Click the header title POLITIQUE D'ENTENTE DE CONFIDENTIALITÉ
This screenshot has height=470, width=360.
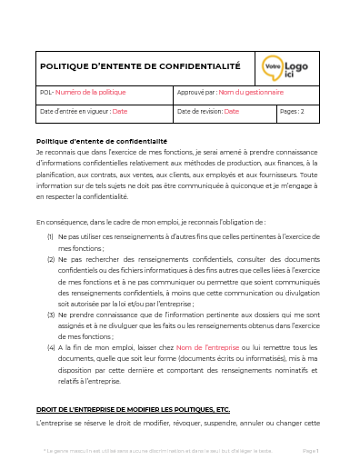pyautogui.click(x=141, y=66)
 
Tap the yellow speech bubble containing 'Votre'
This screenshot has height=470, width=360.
pyautogui.click(x=271, y=66)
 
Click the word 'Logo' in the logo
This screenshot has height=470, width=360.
pyautogui.click(x=295, y=65)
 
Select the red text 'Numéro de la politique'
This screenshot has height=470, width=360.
pyautogui.click(x=90, y=93)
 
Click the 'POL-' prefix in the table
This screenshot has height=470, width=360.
pyautogui.click(x=47, y=93)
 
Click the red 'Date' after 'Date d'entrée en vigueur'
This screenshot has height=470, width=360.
pyautogui.click(x=120, y=112)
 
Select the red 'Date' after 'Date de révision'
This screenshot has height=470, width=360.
pyautogui.click(x=231, y=112)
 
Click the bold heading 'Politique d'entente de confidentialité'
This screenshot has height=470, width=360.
pyautogui.click(x=101, y=142)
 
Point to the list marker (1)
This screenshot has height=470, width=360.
pyautogui.click(x=51, y=235)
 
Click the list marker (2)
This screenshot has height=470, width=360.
pyautogui.click(x=51, y=259)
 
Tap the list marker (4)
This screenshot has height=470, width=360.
pyautogui.click(x=51, y=347)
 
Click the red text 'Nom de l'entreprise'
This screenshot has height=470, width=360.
pyautogui.click(x=206, y=347)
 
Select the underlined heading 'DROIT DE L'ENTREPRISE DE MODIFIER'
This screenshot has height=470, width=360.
pyautogui.click(x=133, y=410)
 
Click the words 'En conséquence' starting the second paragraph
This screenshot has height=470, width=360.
pyautogui.click(x=61, y=221)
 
